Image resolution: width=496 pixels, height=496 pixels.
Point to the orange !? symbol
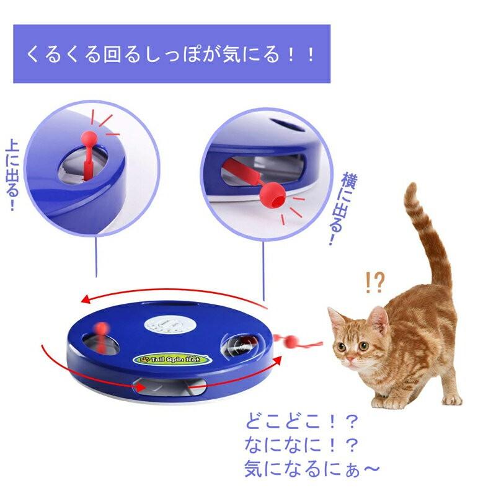coord(375,283)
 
